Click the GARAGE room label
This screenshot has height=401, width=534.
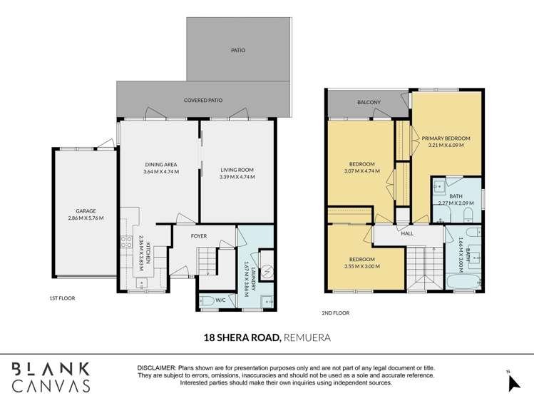tap(86, 210)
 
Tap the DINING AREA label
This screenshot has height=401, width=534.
tap(160, 164)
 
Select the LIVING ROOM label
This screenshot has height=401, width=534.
tap(237, 170)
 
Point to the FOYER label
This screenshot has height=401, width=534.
tap(199, 235)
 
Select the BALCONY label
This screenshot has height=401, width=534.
tap(369, 103)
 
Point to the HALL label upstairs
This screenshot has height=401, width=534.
tap(407, 233)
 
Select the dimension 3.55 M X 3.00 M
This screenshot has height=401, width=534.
tap(361, 266)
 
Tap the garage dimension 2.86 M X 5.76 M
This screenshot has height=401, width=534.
tap(86, 218)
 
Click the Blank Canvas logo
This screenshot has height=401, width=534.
tap(50, 377)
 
